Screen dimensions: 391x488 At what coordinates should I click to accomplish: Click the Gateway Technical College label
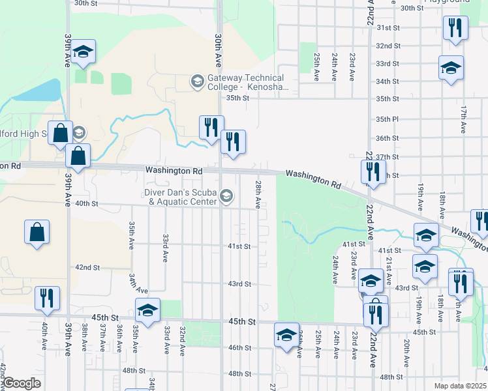coord(246,82)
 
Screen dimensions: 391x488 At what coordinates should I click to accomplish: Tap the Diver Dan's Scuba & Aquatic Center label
coord(182,197)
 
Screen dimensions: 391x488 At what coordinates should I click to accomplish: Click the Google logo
coord(22,383)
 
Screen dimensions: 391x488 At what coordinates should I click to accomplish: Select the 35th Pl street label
coord(387,119)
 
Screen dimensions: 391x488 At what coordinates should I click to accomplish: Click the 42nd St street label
coord(87,267)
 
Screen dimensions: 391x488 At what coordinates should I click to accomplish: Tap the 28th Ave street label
coord(258,194)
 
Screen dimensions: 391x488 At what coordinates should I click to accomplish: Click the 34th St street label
coord(387,81)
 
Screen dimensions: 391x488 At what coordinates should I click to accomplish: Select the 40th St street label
coord(86,203)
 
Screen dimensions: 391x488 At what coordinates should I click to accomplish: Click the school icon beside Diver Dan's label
coord(226,196)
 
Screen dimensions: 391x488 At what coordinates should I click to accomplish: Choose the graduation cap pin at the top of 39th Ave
coord(83,51)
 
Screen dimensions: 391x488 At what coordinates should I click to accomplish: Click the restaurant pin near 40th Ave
coord(47,298)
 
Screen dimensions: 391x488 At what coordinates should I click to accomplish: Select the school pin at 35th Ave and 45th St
coord(147,310)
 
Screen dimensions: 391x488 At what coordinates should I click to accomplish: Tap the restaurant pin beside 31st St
coord(455,28)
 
